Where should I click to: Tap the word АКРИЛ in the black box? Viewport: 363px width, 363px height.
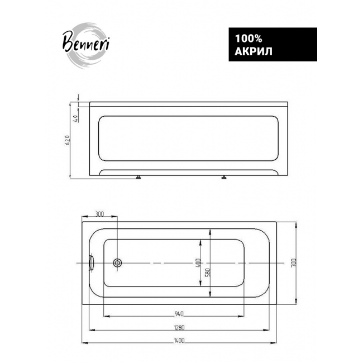click(254, 51)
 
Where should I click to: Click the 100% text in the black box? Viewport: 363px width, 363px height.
click(249, 39)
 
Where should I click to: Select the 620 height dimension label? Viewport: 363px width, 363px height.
click(68, 140)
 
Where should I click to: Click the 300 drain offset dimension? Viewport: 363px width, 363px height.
click(99, 214)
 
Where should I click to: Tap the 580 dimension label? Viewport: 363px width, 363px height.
click(208, 273)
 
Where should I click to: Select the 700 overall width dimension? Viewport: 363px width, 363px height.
click(293, 263)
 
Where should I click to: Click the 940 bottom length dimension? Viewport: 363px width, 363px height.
click(179, 314)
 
